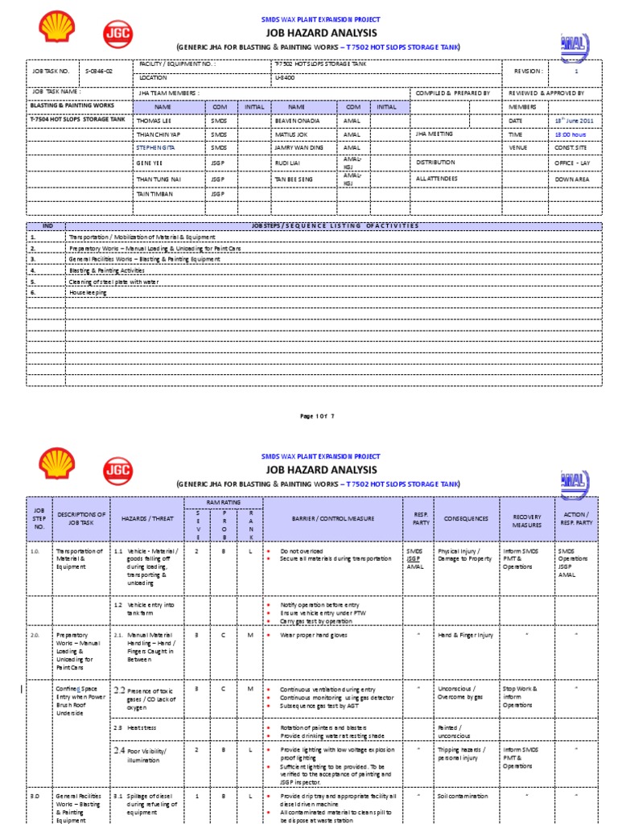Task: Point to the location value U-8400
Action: (x=285, y=78)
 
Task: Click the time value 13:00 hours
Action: (x=568, y=134)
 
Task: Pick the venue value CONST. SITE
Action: (x=569, y=148)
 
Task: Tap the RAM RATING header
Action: (x=220, y=501)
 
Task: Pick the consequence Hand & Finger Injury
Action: (x=465, y=635)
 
